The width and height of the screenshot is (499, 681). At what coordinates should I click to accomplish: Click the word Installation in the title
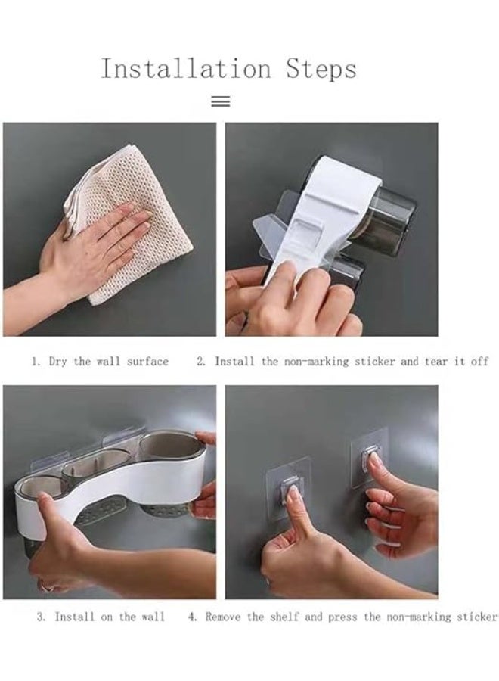pyautogui.click(x=186, y=69)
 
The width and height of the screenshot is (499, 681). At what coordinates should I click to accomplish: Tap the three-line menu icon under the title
pyautogui.click(x=220, y=101)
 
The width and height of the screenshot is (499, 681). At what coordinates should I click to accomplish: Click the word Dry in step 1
pyautogui.click(x=57, y=362)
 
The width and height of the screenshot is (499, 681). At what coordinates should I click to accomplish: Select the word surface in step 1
pyautogui.click(x=147, y=362)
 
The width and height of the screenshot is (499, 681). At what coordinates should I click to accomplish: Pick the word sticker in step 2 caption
pyautogui.click(x=374, y=362)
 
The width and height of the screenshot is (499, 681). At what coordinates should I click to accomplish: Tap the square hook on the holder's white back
pyautogui.click(x=308, y=229)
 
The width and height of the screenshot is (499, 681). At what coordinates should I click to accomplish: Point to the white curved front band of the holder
pyautogui.click(x=108, y=487)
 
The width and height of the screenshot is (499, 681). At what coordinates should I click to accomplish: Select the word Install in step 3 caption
pyautogui.click(x=74, y=617)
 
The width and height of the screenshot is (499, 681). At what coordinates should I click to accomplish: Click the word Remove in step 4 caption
pyautogui.click(x=222, y=617)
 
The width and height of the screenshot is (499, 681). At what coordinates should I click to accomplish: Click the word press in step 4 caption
pyautogui.click(x=342, y=617)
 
